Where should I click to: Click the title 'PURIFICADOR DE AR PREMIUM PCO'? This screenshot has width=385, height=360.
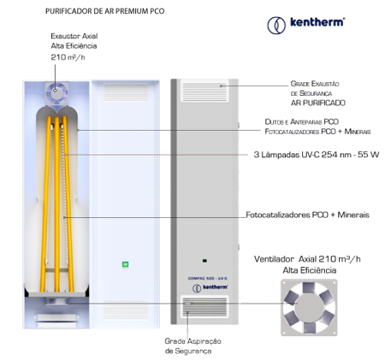(x=104, y=11)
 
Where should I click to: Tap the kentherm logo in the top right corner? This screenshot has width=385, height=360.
(x=306, y=24)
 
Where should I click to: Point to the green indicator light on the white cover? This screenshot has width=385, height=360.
(x=125, y=264)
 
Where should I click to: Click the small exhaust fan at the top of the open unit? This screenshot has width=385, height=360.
(x=57, y=93)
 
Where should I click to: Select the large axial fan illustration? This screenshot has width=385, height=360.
(x=309, y=307)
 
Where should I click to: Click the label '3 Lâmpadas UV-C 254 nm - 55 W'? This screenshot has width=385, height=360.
(x=317, y=155)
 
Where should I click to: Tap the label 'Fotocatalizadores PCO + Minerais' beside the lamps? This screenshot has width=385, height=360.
(x=307, y=215)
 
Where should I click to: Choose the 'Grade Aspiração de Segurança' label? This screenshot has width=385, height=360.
(x=192, y=345)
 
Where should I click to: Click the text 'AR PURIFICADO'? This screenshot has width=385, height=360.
(x=318, y=103)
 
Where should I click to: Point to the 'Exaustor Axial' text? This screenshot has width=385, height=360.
(x=74, y=36)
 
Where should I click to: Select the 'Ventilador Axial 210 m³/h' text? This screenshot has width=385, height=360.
(x=307, y=259)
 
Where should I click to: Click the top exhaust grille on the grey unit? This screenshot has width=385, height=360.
(x=204, y=91)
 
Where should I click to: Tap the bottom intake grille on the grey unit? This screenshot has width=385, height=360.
(x=204, y=307)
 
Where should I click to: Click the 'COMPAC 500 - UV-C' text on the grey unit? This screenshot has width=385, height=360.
(x=207, y=279)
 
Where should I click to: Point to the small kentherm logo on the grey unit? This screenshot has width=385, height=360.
(x=210, y=288)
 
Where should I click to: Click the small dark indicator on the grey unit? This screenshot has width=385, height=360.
(x=204, y=261)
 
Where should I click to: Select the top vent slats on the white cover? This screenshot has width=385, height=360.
(x=126, y=91)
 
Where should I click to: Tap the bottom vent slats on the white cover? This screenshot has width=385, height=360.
(x=126, y=310)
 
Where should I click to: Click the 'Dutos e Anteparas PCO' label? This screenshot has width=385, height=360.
(x=302, y=122)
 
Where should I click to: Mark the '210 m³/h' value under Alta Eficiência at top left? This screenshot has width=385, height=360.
(x=68, y=57)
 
